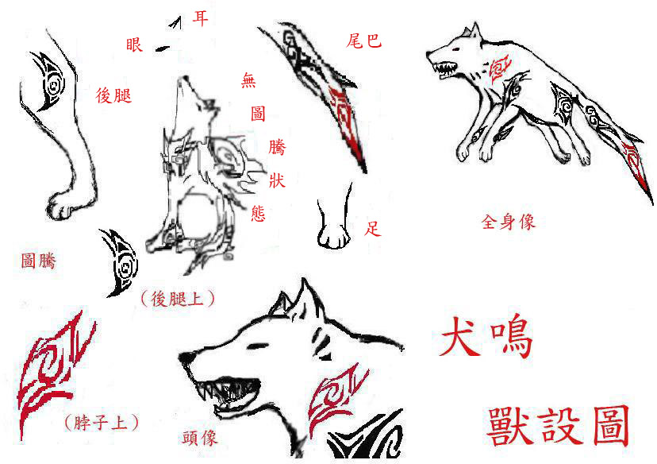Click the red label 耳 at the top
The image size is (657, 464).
tap(200, 18)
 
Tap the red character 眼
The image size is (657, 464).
tap(135, 44)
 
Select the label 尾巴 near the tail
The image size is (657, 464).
tap(363, 41)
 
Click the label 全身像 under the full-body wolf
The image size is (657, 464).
tap(509, 222)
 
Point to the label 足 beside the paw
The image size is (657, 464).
tap(372, 229)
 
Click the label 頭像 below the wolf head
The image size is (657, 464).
tap(200, 438)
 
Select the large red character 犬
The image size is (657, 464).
tap(459, 336)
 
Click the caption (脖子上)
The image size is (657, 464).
tap(102, 422)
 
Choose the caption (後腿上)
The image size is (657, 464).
tap(178, 299)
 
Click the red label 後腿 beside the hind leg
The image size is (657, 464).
tap(113, 95)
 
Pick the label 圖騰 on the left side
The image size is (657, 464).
tap(39, 261)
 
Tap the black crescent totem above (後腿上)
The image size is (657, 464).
tap(121, 263)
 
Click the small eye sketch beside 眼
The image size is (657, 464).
tap(162, 49)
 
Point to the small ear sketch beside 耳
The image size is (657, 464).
tap(176, 23)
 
